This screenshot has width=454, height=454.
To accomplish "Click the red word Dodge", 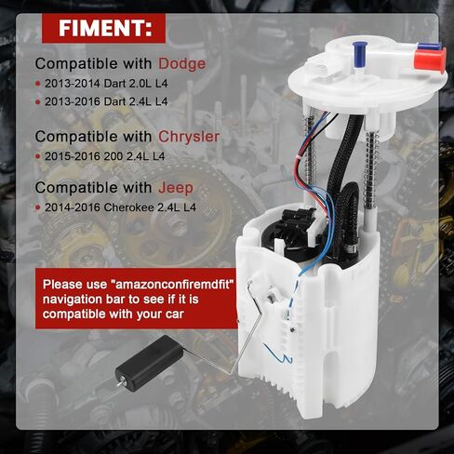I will (182, 65).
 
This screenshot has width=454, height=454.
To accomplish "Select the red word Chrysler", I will (189, 137).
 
